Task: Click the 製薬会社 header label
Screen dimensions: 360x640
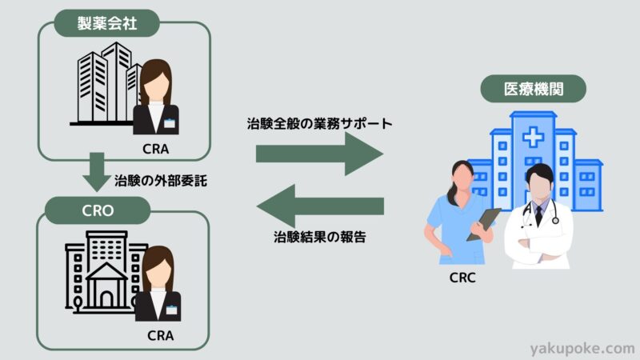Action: [107, 24]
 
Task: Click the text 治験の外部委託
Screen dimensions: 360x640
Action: [161, 180]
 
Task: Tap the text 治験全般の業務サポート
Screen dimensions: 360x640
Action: [319, 126]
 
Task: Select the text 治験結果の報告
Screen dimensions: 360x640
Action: [319, 237]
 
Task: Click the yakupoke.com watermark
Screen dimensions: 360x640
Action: [582, 348]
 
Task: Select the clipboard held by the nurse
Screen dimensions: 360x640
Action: [482, 223]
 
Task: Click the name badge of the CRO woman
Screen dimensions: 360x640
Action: [173, 307]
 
